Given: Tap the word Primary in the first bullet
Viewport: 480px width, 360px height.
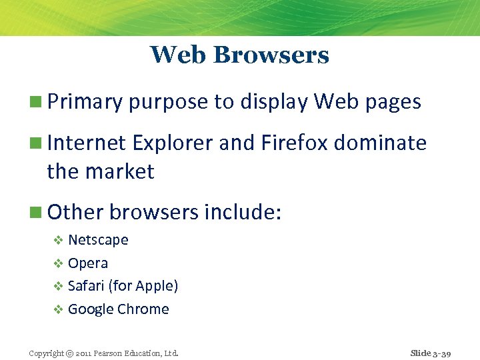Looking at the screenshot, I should coord(85,102).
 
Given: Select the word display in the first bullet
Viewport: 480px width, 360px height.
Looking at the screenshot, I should coord(274,102).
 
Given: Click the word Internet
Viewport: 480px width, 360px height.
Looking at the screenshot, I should coord(86,143).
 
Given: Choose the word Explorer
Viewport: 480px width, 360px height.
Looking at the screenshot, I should coord(169,143).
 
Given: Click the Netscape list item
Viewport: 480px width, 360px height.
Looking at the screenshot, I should coord(98,240).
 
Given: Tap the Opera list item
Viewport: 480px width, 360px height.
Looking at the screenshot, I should coord(88,263).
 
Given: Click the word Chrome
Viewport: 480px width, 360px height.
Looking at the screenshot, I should coord(143,309).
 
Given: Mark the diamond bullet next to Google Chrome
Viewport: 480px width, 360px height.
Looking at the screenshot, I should coord(58,309).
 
